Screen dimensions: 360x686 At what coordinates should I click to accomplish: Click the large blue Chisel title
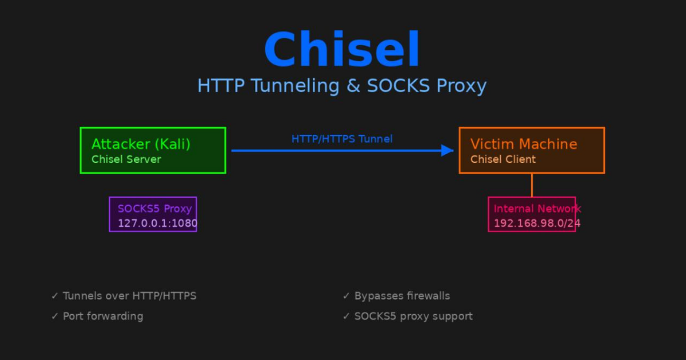(342, 50)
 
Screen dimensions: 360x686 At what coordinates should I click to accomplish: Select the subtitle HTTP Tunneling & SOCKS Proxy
(342, 86)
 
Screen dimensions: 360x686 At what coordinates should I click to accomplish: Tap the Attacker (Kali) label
(141, 144)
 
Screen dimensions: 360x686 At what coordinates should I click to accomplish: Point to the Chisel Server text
(126, 159)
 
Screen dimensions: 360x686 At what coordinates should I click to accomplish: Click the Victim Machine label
(524, 144)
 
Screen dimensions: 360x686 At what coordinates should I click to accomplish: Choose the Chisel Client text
(503, 159)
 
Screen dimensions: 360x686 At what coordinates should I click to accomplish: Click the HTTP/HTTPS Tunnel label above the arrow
(342, 139)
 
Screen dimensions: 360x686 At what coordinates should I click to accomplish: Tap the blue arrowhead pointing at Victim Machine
(448, 150)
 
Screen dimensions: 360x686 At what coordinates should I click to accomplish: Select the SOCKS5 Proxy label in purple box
(154, 209)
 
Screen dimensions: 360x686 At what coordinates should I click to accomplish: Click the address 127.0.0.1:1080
(157, 223)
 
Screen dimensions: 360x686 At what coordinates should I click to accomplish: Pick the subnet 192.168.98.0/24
(537, 223)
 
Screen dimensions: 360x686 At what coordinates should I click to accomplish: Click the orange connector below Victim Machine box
(532, 185)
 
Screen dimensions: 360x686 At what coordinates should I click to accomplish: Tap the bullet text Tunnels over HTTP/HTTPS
(129, 296)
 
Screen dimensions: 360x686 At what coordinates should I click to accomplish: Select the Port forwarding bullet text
(103, 316)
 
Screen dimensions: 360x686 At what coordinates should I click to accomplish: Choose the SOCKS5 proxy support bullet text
(413, 316)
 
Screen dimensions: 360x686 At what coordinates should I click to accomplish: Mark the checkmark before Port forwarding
(55, 316)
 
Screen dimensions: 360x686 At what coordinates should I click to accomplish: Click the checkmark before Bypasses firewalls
(346, 296)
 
